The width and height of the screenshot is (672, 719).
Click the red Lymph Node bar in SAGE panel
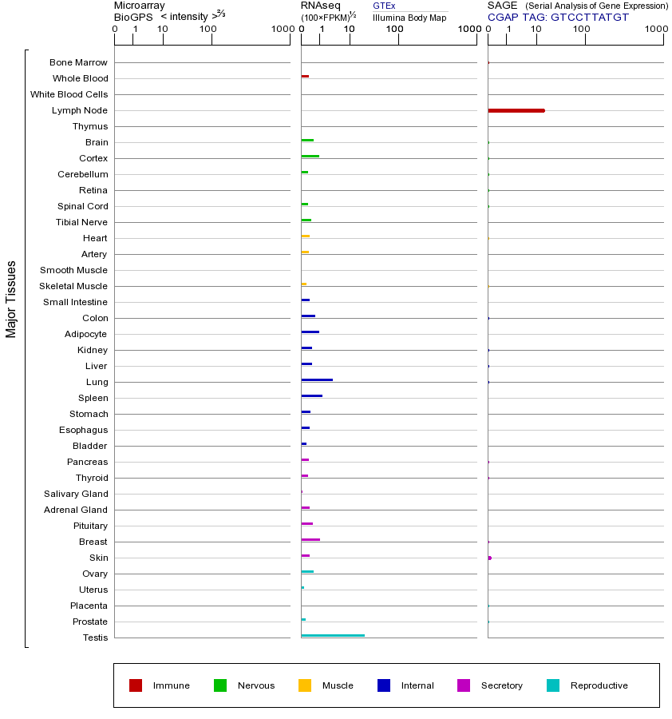coord(516,110)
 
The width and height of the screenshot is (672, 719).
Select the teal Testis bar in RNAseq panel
coord(333,636)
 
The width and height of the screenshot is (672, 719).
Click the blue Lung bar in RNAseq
coord(317,380)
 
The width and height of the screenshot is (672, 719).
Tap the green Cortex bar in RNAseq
coord(310,157)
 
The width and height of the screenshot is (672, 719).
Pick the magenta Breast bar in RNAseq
coord(310,540)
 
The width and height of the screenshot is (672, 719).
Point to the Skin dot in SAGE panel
coord(489,558)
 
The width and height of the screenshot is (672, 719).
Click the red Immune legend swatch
coord(136,685)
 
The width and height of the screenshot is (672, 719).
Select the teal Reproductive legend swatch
coord(553,685)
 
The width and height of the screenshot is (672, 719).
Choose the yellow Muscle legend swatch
coord(305,685)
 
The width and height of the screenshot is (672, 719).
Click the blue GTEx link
coord(384,6)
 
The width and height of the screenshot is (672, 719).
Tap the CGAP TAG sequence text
coord(558,17)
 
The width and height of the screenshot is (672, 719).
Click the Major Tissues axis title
coord(11,299)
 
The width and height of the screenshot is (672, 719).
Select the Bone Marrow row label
coord(78,62)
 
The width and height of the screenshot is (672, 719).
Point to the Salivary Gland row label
coord(76,494)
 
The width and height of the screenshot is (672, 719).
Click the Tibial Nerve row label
coord(81,222)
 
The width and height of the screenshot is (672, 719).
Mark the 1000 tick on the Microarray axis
coord(282,29)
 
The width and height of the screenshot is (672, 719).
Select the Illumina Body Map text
coord(409,18)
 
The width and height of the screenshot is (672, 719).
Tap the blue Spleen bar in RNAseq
coord(311,396)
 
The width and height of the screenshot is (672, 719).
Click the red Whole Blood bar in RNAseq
coord(305,77)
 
